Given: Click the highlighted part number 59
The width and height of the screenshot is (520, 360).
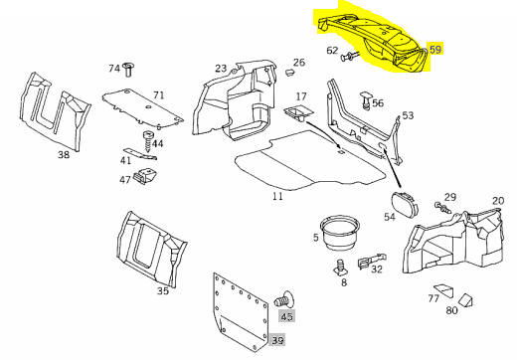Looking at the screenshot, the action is tap(435, 50).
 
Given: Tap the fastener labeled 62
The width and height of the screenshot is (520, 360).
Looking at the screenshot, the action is tap(350, 56).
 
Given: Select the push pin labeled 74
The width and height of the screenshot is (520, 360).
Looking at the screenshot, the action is tap(128, 69).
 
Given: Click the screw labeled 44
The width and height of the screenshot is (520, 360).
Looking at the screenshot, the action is tap(147, 141).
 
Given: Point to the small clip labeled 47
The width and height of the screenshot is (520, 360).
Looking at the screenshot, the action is tap(144, 175).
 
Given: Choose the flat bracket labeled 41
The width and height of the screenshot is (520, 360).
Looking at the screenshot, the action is tap(140, 154).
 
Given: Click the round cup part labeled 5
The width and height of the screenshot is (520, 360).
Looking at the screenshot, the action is tap(340, 233).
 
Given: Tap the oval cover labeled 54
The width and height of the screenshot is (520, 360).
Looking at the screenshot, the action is tap(405, 204).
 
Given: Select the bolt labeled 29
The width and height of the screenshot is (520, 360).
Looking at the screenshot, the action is tap(443, 208).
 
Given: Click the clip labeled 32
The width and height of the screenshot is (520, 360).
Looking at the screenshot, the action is tap(372, 261).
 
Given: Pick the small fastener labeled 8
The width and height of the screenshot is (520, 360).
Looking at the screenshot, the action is tap(340, 268).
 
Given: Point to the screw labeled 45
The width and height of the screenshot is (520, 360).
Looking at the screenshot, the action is tap(283, 299).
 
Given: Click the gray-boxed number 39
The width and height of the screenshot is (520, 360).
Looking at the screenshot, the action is tap(278, 340).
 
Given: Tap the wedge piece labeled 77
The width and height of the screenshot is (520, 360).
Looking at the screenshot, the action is tap(444, 291).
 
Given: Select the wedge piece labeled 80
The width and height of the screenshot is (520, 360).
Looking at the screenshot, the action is tap(466, 300).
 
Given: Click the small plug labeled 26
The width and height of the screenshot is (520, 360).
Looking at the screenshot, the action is tap(290, 72).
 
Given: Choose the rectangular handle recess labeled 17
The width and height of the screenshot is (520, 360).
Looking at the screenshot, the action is tap(298, 112).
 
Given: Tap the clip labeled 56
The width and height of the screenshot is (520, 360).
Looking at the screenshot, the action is tap(366, 99).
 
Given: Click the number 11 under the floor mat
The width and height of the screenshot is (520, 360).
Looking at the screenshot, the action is tap(278, 196).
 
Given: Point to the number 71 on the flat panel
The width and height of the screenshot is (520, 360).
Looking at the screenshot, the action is tap(159, 95).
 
